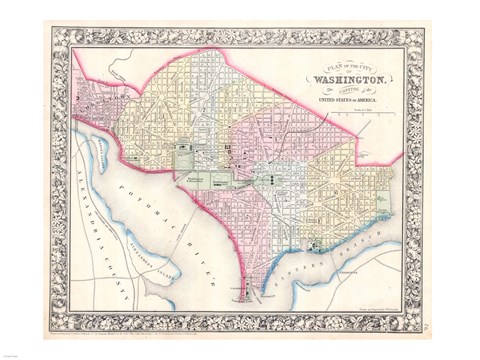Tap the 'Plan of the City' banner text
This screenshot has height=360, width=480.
pyautogui.click(x=344, y=66)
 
